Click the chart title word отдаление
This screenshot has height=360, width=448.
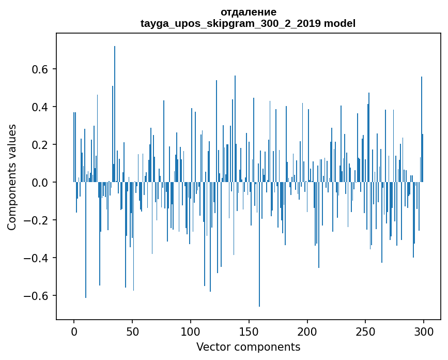(248, 12)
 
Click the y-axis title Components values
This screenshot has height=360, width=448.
(12, 177)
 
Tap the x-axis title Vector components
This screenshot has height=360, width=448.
(248, 347)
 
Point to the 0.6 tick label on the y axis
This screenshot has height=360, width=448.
(41, 69)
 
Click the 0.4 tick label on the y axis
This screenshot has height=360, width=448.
(41, 107)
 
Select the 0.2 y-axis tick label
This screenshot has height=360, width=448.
(41, 145)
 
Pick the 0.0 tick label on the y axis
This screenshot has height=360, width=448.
(41, 183)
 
